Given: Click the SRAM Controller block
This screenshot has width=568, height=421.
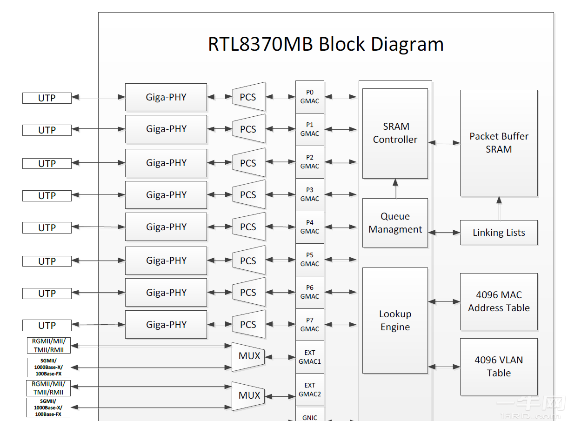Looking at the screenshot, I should coord(395,134).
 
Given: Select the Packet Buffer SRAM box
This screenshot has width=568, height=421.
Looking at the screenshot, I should coord(499,143).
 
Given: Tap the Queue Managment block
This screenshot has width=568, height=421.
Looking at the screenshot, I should coord(395,223).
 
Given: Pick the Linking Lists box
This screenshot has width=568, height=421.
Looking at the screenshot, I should coord(499,233).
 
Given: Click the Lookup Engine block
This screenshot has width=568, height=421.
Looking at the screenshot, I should coord(395,321).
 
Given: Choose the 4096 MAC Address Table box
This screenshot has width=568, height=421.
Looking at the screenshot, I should coord(499,301).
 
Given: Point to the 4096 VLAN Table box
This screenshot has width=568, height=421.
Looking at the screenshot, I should coord(499,367).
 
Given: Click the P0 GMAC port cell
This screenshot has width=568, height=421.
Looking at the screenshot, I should coord(310,97).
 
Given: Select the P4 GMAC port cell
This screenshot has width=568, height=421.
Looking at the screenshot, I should coord(310,227).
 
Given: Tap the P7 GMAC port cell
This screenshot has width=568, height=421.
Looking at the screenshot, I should coord(310,325).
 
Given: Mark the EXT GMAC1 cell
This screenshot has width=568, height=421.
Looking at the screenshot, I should coord(310,357).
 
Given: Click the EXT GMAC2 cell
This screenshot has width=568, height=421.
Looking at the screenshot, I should coord(310,390).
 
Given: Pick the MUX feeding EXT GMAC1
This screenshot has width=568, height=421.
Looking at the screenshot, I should coord(249,356).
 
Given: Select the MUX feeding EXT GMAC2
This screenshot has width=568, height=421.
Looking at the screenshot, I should coord(249,396).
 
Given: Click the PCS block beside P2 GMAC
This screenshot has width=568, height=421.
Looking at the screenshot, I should coord(248,163).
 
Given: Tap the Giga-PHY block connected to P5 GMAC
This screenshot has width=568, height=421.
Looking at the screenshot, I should coord(166,261).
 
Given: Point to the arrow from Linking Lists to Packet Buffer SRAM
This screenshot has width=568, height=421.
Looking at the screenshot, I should coord(499,208).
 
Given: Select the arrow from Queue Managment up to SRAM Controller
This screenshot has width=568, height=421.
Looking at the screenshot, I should coord(395,188).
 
